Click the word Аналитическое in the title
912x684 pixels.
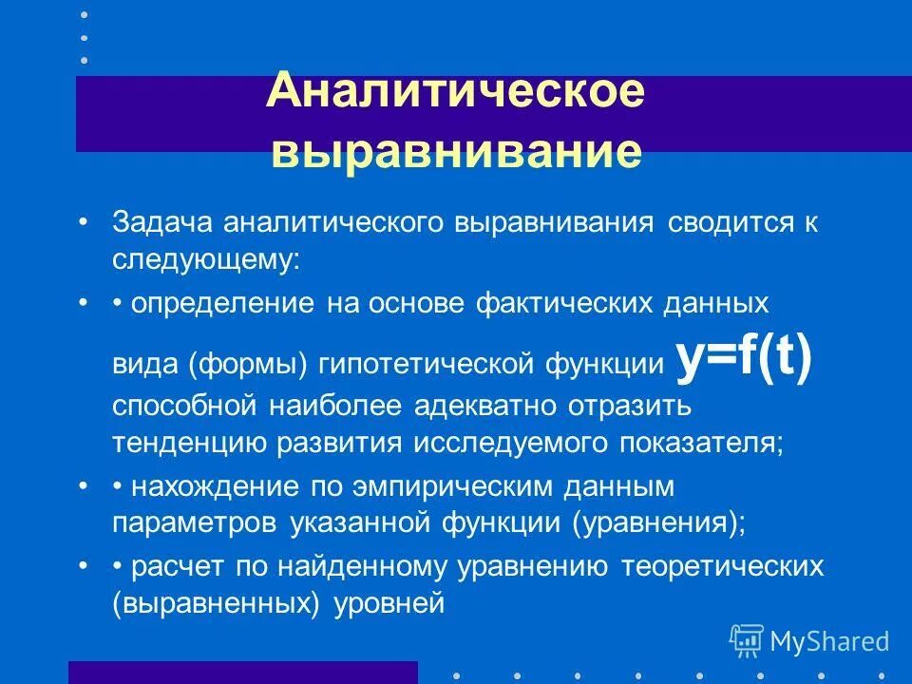coord(456,95)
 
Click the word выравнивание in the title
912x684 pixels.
coord(456,152)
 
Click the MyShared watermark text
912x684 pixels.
coord(829,641)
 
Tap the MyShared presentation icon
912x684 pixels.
coord(746,640)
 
